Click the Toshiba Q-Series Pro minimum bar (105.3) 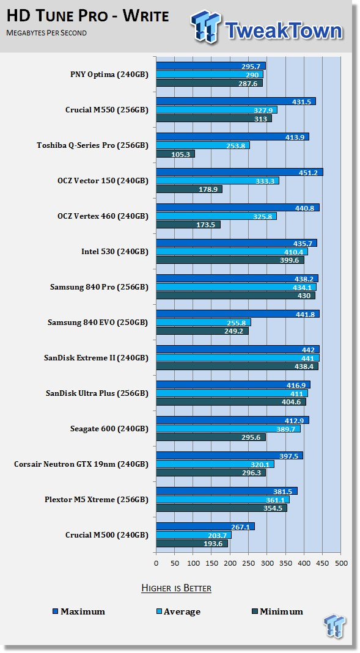click(175, 154)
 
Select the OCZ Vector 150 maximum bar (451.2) click(240, 172)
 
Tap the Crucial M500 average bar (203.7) click(194, 534)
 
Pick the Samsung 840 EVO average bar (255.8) click(204, 323)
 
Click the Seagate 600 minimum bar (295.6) click(211, 437)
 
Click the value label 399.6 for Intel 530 click(292, 260)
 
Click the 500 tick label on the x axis click(340, 563)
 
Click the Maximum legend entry click(79, 611)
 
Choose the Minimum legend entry click(277, 611)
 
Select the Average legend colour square click(159, 611)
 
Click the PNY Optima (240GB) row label click(109, 75)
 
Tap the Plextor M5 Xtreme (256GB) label click(97, 499)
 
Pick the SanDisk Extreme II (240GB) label click(96, 358)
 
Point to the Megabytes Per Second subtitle click(46, 32)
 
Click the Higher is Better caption click(176, 588)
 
